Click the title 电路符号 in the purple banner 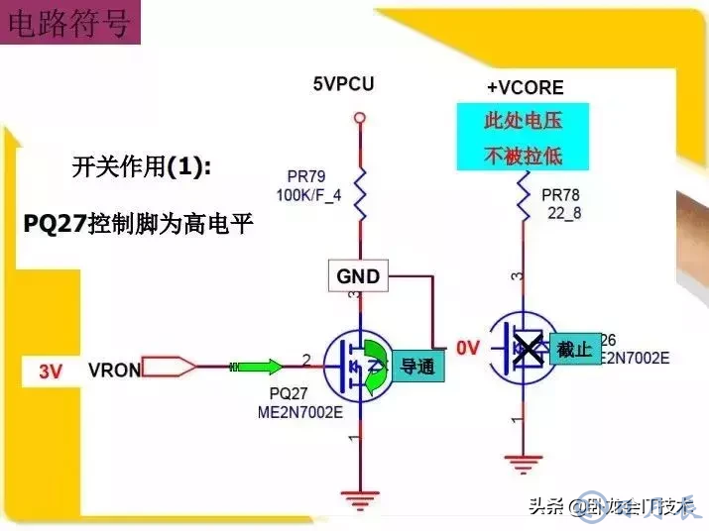pos(68,24)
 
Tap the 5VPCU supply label pos(343,84)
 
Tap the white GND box pos(358,276)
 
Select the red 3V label pos(51,372)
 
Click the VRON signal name pos(114,372)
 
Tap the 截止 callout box pos(574,349)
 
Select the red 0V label pos(467,348)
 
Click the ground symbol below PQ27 pos(359,495)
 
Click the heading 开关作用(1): pos(142,166)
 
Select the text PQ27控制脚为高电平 pos(139,224)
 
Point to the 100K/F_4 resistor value pos(308,195)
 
